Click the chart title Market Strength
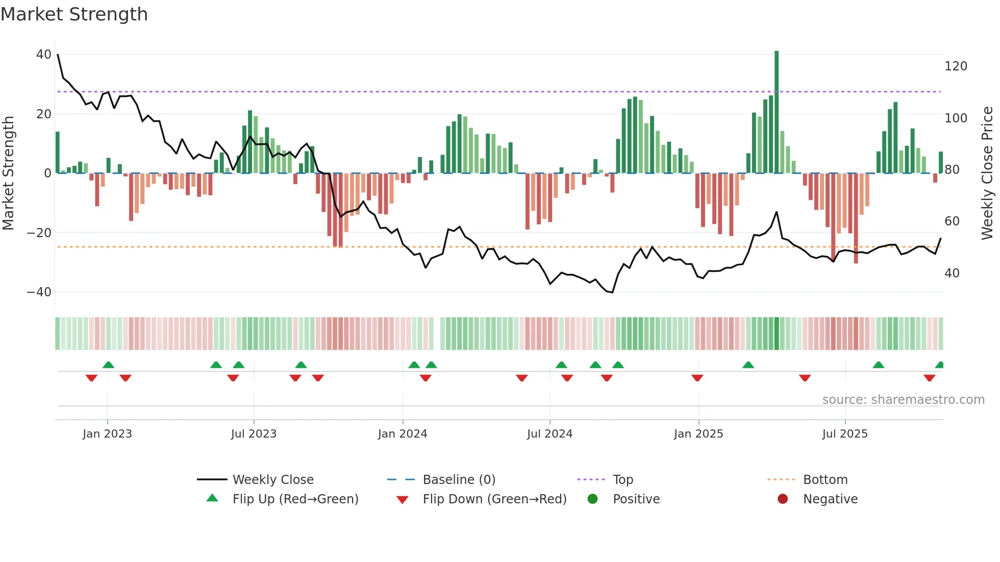pyautogui.click(x=74, y=14)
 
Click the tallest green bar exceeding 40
pyautogui.click(x=777, y=112)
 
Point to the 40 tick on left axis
pyautogui.click(x=44, y=55)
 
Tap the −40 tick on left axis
pyautogui.click(x=39, y=292)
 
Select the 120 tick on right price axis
pyautogui.click(x=956, y=66)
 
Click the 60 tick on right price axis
pyautogui.click(x=952, y=221)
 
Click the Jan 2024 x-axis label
pyautogui.click(x=403, y=434)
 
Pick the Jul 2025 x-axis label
pyautogui.click(x=845, y=434)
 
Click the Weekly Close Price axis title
pyautogui.click(x=987, y=173)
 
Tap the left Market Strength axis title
pyautogui.click(x=8, y=173)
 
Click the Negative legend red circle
pyautogui.click(x=783, y=499)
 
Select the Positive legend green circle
pyautogui.click(x=592, y=499)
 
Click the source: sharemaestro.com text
pyautogui.click(x=903, y=400)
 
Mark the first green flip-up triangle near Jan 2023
pyautogui.click(x=108, y=365)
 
